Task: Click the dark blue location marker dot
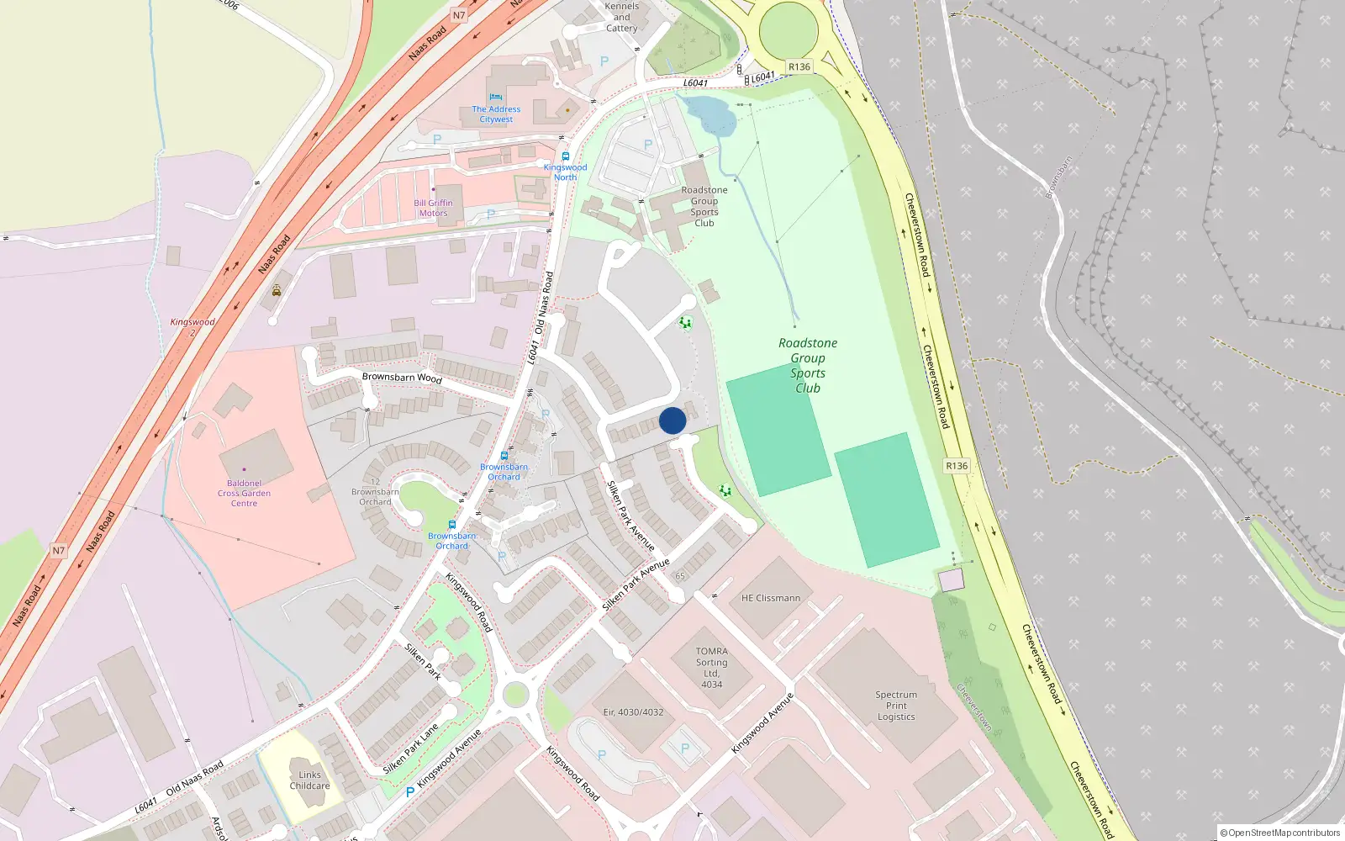tap(672, 420)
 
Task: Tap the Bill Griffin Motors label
tap(433, 208)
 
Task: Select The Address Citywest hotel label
tap(496, 114)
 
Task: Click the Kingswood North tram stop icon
tap(566, 156)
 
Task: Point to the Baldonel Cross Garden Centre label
tap(244, 494)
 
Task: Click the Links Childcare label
tap(309, 780)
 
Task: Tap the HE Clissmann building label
tap(771, 598)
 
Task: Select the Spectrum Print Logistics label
tap(896, 706)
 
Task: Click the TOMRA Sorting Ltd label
tap(711, 668)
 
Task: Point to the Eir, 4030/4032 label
tap(633, 712)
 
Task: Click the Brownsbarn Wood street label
tap(402, 377)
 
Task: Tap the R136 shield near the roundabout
tap(799, 67)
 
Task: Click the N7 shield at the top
tap(458, 15)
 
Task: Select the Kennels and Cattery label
tap(622, 17)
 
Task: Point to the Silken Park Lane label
tap(410, 748)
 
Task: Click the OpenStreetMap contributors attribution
tap(1280, 833)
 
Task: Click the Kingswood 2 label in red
tap(193, 327)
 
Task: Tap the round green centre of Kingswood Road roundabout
tap(514, 695)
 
